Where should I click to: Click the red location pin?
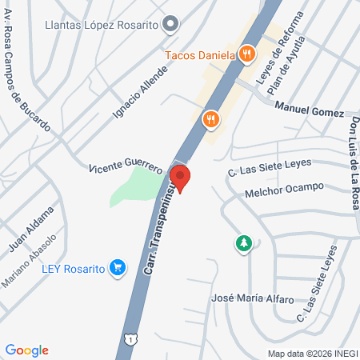pos(181,177)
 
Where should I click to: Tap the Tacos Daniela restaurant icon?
pos(248,54)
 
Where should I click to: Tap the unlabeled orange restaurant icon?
pos(210,119)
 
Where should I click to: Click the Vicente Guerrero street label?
pos(124,166)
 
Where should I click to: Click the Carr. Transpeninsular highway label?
pos(159,232)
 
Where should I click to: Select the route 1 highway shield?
pos(128,340)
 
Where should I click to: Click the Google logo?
pos(26,350)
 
